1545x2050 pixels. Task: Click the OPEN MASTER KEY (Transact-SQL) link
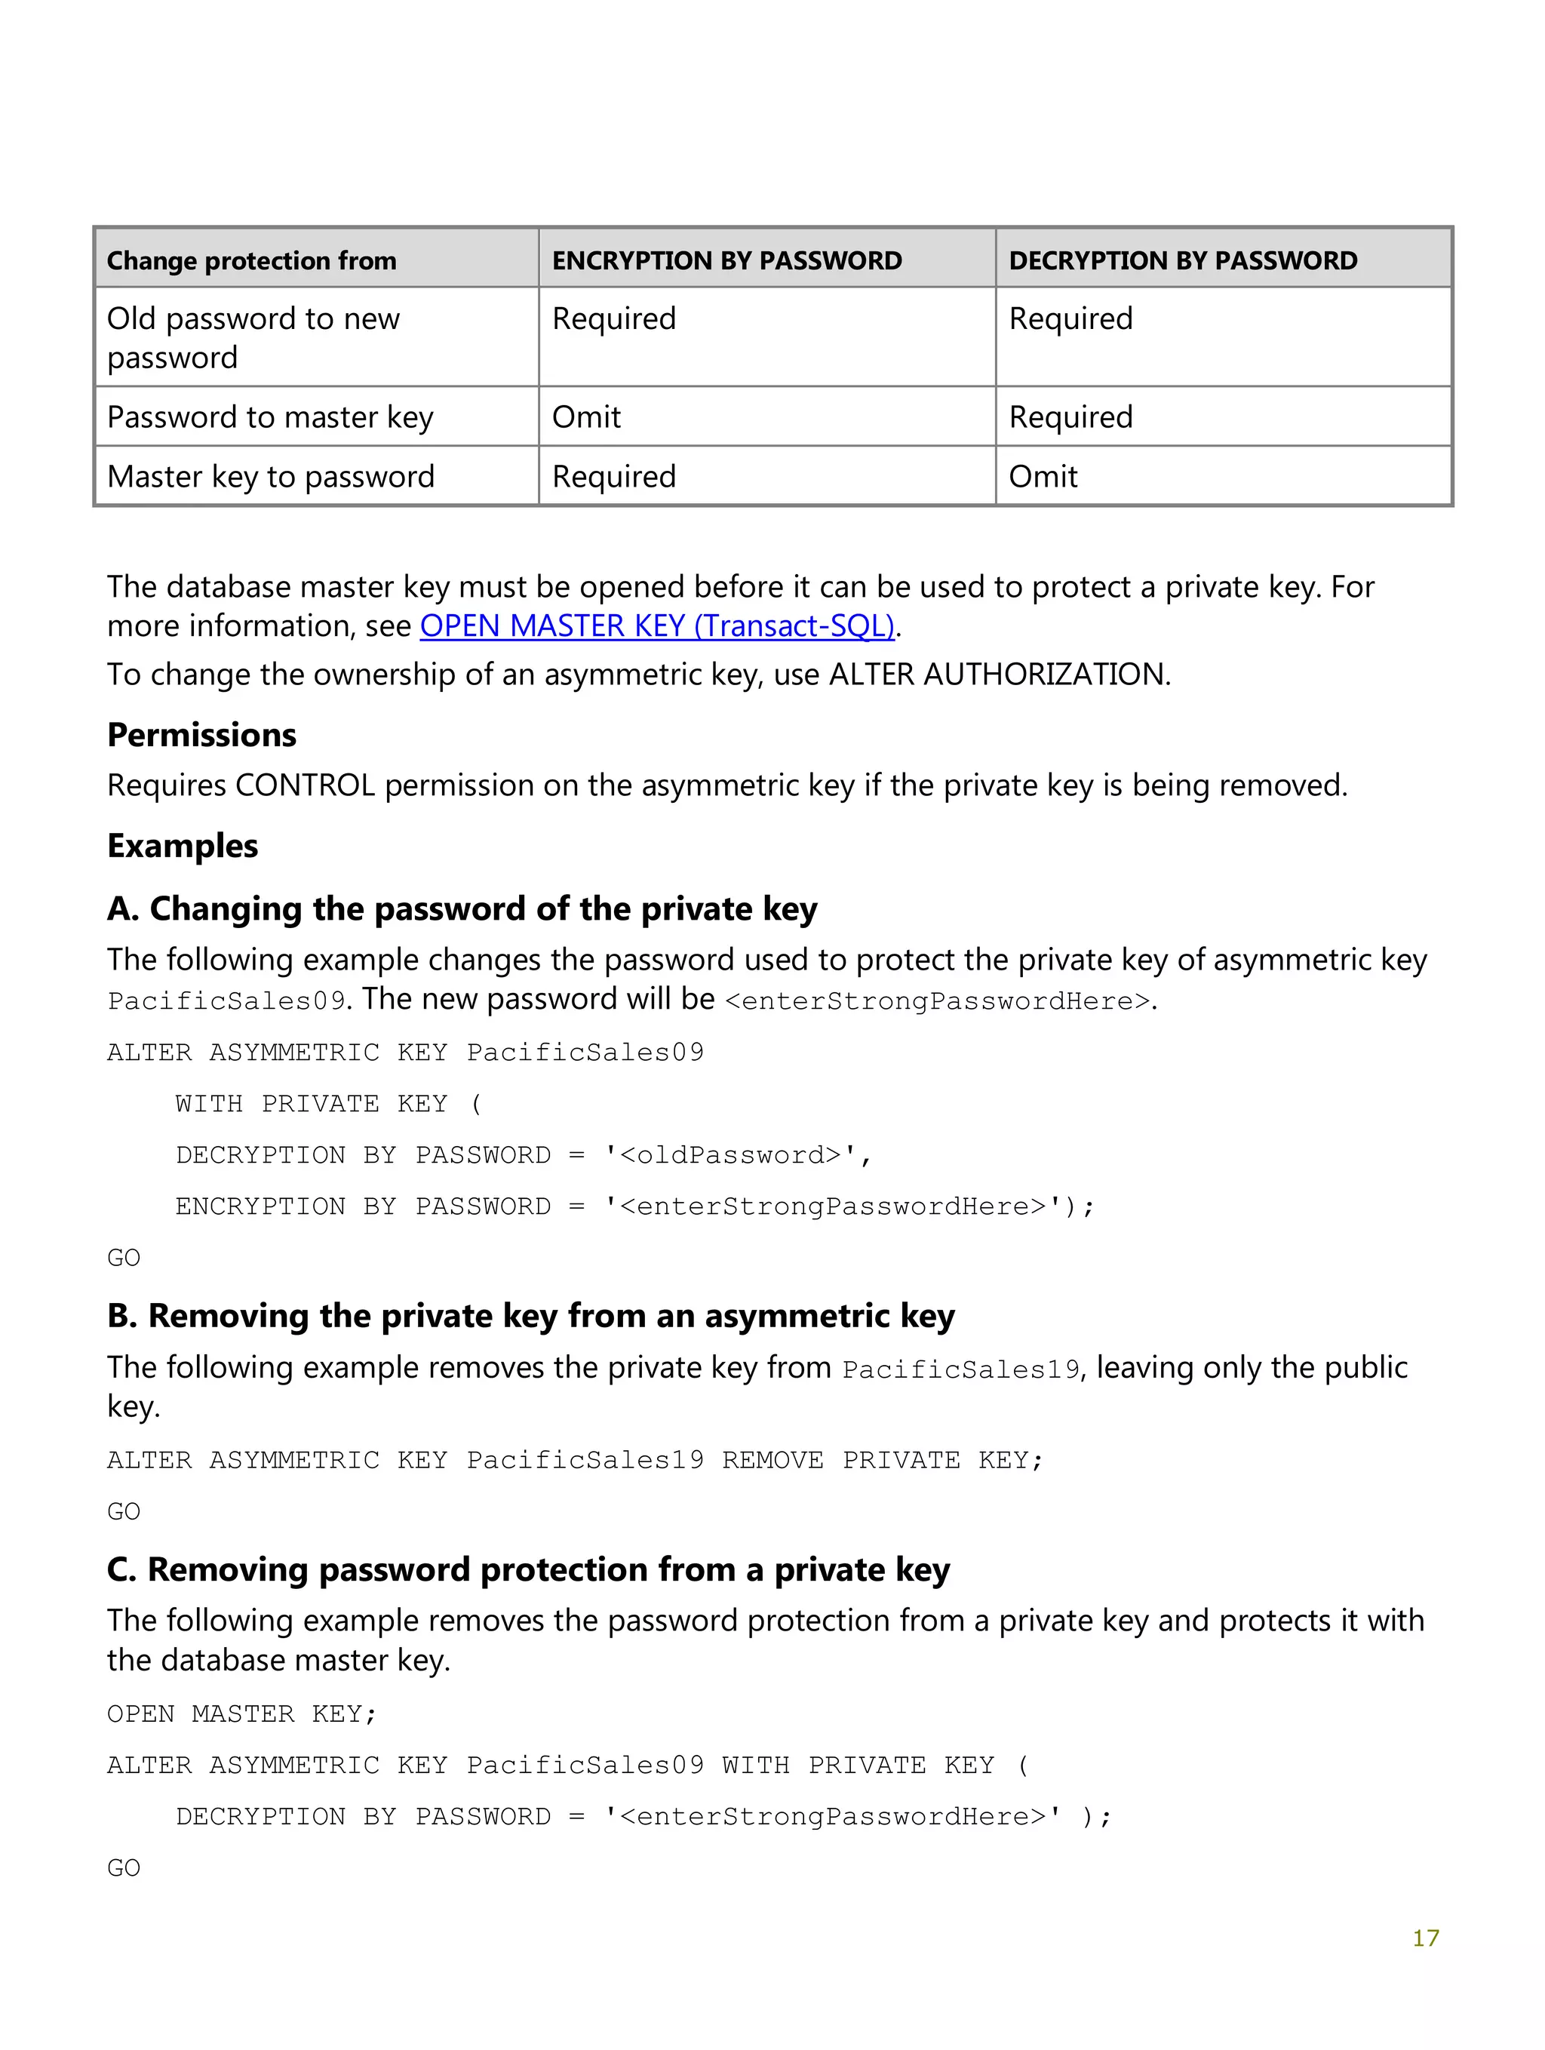coord(657,626)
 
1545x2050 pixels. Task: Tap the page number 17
coord(1424,1937)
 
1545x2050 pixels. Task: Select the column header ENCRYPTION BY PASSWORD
coord(726,260)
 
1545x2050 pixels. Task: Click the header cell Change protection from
coord(251,260)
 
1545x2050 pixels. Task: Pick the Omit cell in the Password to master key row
coord(585,417)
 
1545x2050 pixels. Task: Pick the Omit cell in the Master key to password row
coord(1042,476)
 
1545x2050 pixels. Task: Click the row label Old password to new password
coord(253,337)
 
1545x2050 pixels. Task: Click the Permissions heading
coord(202,735)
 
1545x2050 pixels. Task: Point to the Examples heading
coord(183,846)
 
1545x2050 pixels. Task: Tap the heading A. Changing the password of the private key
coord(462,909)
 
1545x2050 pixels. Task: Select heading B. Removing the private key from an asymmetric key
coord(530,1316)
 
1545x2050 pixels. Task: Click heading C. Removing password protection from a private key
coord(528,1570)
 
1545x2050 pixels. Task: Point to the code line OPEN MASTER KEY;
coord(242,1714)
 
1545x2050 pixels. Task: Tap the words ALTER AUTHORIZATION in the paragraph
coord(997,675)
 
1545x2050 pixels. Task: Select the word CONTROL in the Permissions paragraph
coord(305,786)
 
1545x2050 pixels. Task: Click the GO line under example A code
coord(123,1259)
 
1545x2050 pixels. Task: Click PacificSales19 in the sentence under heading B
coord(961,1369)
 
